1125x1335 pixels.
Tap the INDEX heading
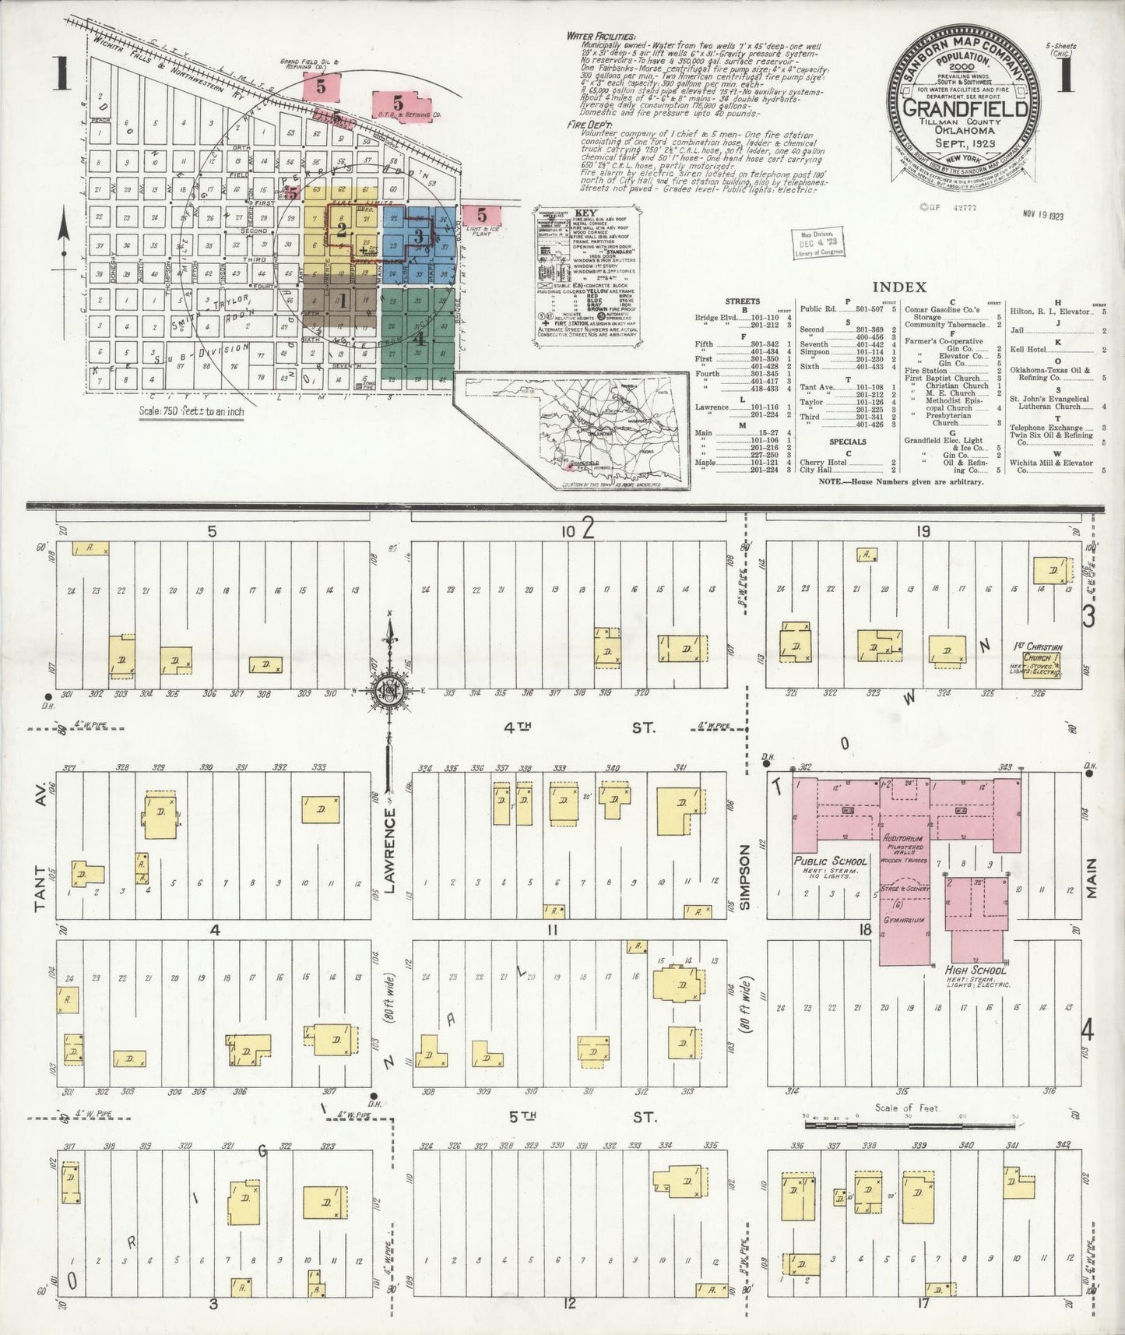coord(899,287)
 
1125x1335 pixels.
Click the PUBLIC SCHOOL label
coord(830,861)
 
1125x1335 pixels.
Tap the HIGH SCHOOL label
coord(976,970)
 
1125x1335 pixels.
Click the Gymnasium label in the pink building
coord(904,919)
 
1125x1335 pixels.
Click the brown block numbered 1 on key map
coord(341,299)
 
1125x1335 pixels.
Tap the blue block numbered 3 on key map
coord(418,235)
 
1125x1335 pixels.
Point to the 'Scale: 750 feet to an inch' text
coord(191,410)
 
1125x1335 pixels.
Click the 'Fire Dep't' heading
coord(591,124)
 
